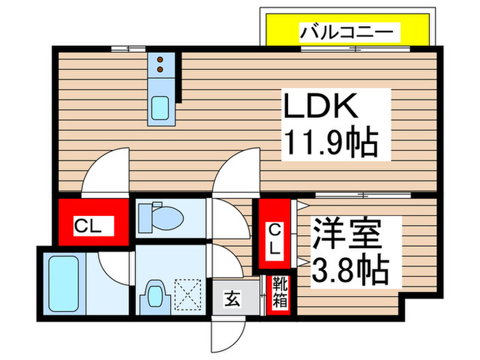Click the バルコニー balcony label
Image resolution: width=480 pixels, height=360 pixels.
click(x=346, y=32)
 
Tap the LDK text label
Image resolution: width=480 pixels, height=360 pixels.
click(x=321, y=106)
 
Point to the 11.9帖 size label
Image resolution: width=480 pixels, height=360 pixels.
click(x=331, y=141)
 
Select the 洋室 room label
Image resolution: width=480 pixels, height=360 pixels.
click(x=346, y=234)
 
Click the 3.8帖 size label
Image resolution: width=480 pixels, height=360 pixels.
click(x=350, y=269)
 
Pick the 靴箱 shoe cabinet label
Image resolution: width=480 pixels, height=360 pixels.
click(x=280, y=292)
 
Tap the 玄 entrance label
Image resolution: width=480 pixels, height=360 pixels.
click(x=232, y=299)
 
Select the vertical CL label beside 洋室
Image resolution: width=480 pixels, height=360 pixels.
click(x=274, y=243)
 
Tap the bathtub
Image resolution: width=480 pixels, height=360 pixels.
click(x=64, y=283)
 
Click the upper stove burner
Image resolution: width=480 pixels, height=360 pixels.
click(x=160, y=60)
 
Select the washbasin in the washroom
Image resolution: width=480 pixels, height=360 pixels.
click(x=154, y=296)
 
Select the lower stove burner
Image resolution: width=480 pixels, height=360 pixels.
click(x=160, y=69)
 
